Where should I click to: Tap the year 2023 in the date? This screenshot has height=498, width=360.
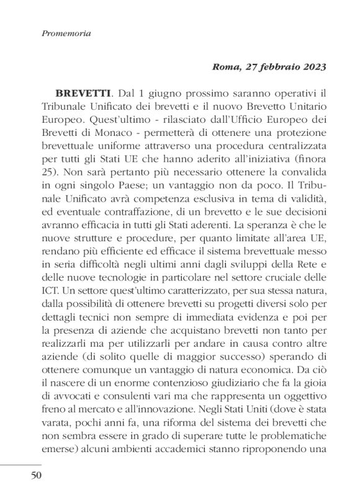click(313, 65)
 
